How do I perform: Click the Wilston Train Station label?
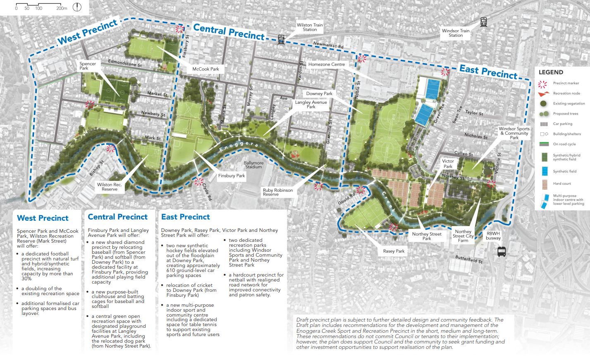(x=310, y=27)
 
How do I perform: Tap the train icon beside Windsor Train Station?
(x=483, y=22)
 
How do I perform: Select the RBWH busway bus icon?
(x=502, y=252)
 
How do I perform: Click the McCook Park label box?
(x=205, y=69)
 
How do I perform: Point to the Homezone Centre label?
(x=326, y=64)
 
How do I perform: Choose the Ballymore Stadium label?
(x=253, y=165)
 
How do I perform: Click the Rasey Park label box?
(x=394, y=251)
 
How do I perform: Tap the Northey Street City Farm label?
(x=463, y=236)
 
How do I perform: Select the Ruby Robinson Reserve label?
(x=277, y=192)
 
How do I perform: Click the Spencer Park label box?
(x=88, y=66)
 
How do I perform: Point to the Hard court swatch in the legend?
(x=544, y=184)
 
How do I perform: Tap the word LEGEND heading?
(x=551, y=72)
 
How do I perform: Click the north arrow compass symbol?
(x=77, y=7)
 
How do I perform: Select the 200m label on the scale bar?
(x=62, y=8)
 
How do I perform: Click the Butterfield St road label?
(x=469, y=259)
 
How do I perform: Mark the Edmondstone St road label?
(x=125, y=63)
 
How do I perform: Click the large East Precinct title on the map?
(x=488, y=72)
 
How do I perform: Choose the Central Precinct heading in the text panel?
(x=117, y=217)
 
